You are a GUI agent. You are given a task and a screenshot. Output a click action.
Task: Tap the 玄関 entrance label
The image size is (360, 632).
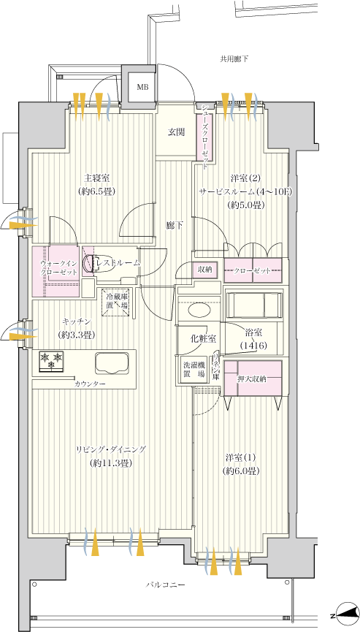click(176, 132)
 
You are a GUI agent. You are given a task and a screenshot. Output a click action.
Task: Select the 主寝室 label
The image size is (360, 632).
click(96, 178)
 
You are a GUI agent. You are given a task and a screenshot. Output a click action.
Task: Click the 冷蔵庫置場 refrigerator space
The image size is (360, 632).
click(116, 302)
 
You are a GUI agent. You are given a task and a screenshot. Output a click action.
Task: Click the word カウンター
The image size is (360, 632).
click(89, 384)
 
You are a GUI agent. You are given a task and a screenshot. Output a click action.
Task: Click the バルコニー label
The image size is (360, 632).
click(165, 585)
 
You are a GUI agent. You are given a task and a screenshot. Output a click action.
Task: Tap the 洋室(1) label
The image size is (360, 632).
click(240, 458)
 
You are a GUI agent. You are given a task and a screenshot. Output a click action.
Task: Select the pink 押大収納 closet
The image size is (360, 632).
click(252, 378)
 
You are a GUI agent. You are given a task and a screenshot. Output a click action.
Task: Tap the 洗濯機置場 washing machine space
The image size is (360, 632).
click(194, 369)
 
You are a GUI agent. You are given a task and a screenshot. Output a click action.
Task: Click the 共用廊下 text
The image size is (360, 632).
click(234, 58)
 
